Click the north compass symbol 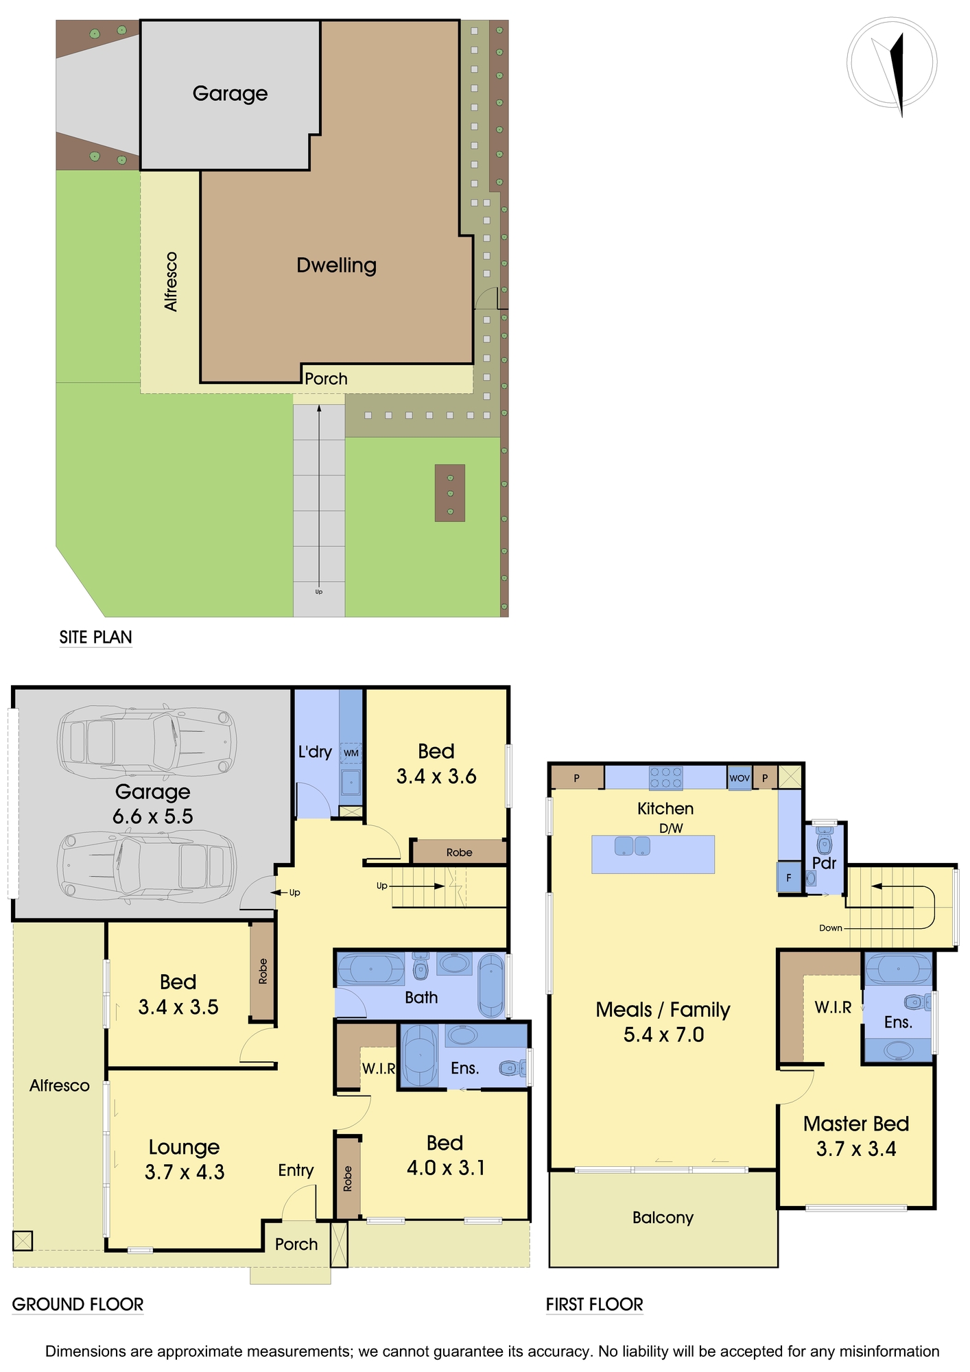892,62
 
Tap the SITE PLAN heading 95,637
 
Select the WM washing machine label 351,753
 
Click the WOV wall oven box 740,778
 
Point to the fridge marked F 789,877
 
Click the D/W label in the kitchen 671,828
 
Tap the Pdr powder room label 824,863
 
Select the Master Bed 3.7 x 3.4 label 856,1136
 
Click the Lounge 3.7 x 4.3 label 185,1159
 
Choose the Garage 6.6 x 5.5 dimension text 153,804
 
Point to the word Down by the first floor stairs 830,928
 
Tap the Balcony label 663,1218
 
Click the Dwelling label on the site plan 336,265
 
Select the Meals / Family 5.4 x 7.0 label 663,1022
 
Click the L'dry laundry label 315,752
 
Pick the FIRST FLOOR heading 595,1305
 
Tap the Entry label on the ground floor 296,1170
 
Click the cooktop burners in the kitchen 666,778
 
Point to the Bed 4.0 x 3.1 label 445,1155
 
